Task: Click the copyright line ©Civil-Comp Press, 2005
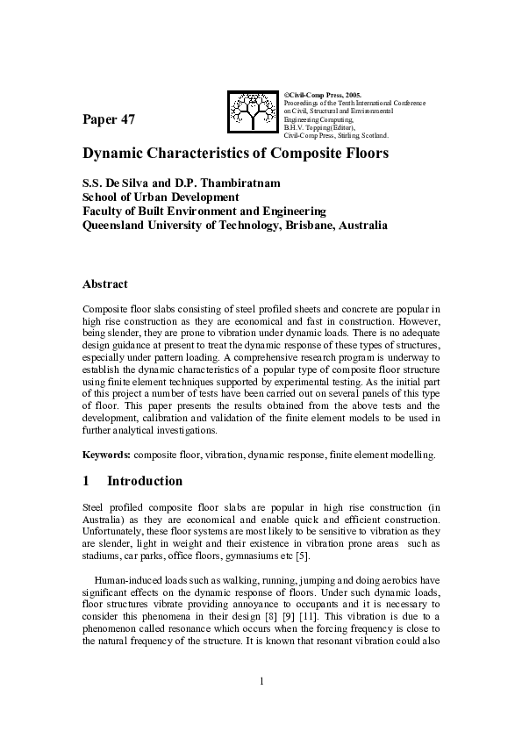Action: click(x=323, y=94)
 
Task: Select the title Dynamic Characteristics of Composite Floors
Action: click(x=235, y=154)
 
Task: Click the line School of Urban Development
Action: click(x=161, y=197)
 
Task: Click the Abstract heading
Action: click(x=104, y=284)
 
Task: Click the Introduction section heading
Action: click(x=145, y=481)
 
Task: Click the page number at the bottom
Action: click(x=261, y=681)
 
